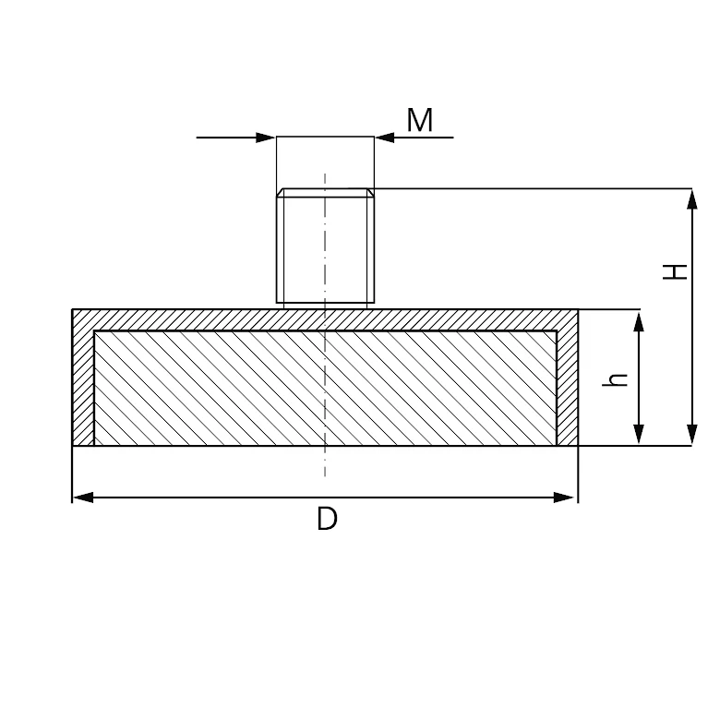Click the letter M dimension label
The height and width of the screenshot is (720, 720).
click(x=420, y=120)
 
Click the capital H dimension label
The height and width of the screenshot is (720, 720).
click(x=675, y=271)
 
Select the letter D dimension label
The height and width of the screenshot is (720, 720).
click(x=327, y=519)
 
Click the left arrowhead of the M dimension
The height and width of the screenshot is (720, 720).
click(x=266, y=138)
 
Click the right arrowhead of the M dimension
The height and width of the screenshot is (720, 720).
click(x=385, y=138)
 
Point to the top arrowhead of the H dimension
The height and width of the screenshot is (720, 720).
click(x=691, y=198)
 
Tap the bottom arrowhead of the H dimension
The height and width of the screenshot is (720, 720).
click(x=691, y=435)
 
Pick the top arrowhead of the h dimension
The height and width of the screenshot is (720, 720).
click(x=638, y=321)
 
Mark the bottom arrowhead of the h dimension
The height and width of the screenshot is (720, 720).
click(x=638, y=435)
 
